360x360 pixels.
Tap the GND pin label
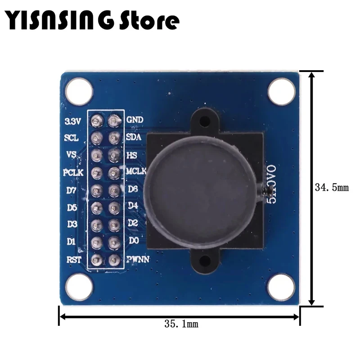tap(135, 120)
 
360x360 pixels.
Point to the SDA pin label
tap(135, 137)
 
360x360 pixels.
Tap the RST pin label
tap(72, 260)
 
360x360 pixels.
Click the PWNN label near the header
tap(139, 260)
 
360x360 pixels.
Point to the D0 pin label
tap(134, 241)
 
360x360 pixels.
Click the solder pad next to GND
tap(113, 120)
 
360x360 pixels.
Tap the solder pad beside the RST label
tap(95, 260)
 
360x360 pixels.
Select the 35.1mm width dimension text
tap(180, 323)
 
